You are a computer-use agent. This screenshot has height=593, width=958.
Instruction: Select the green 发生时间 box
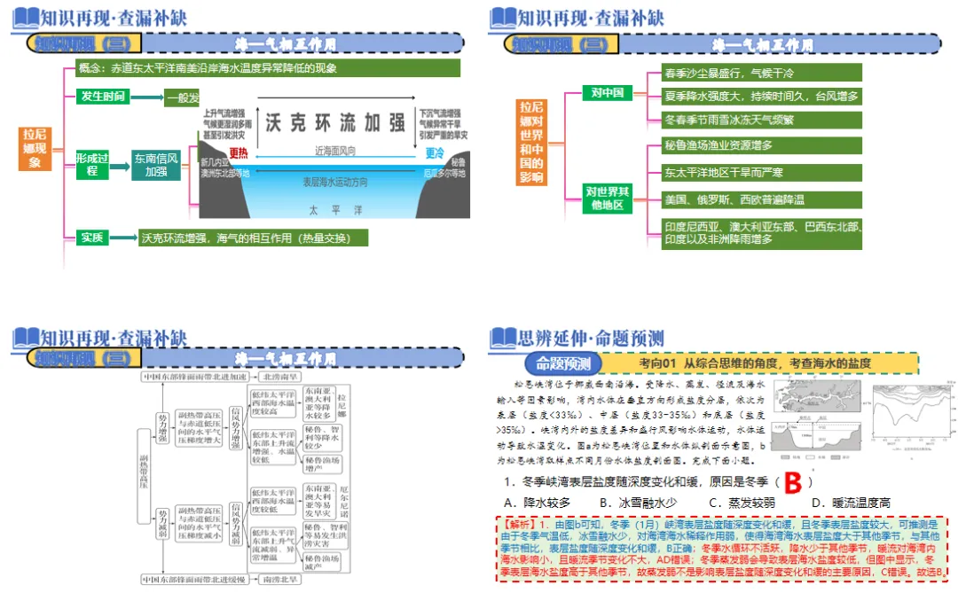coord(102,97)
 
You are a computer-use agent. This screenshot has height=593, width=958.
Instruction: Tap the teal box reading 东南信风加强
coord(156,165)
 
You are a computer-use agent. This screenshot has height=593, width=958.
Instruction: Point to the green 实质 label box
coord(93,237)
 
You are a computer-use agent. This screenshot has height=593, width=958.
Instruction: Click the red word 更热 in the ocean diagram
coord(238,152)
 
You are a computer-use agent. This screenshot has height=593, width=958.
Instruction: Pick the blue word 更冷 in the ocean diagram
coord(435,152)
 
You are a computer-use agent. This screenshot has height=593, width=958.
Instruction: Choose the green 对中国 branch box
coord(608,92)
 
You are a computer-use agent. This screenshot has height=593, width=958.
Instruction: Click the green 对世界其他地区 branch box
coord(608,198)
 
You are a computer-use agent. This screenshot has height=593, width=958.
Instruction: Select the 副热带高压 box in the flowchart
coord(144,478)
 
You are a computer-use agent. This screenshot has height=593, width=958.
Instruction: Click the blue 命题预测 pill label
coord(562,363)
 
